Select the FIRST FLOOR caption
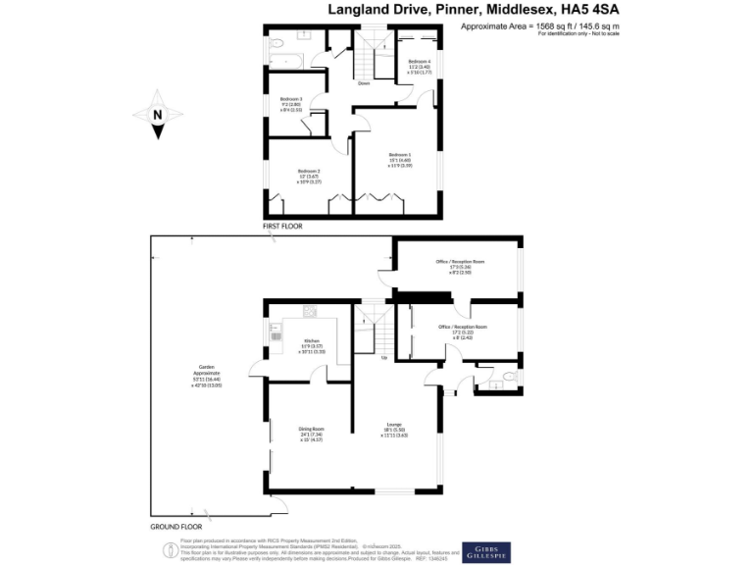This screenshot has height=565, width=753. (x=282, y=227)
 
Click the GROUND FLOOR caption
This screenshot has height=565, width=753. (x=176, y=527)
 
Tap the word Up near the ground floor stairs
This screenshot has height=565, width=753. (x=383, y=358)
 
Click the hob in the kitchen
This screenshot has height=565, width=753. (x=310, y=313)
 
